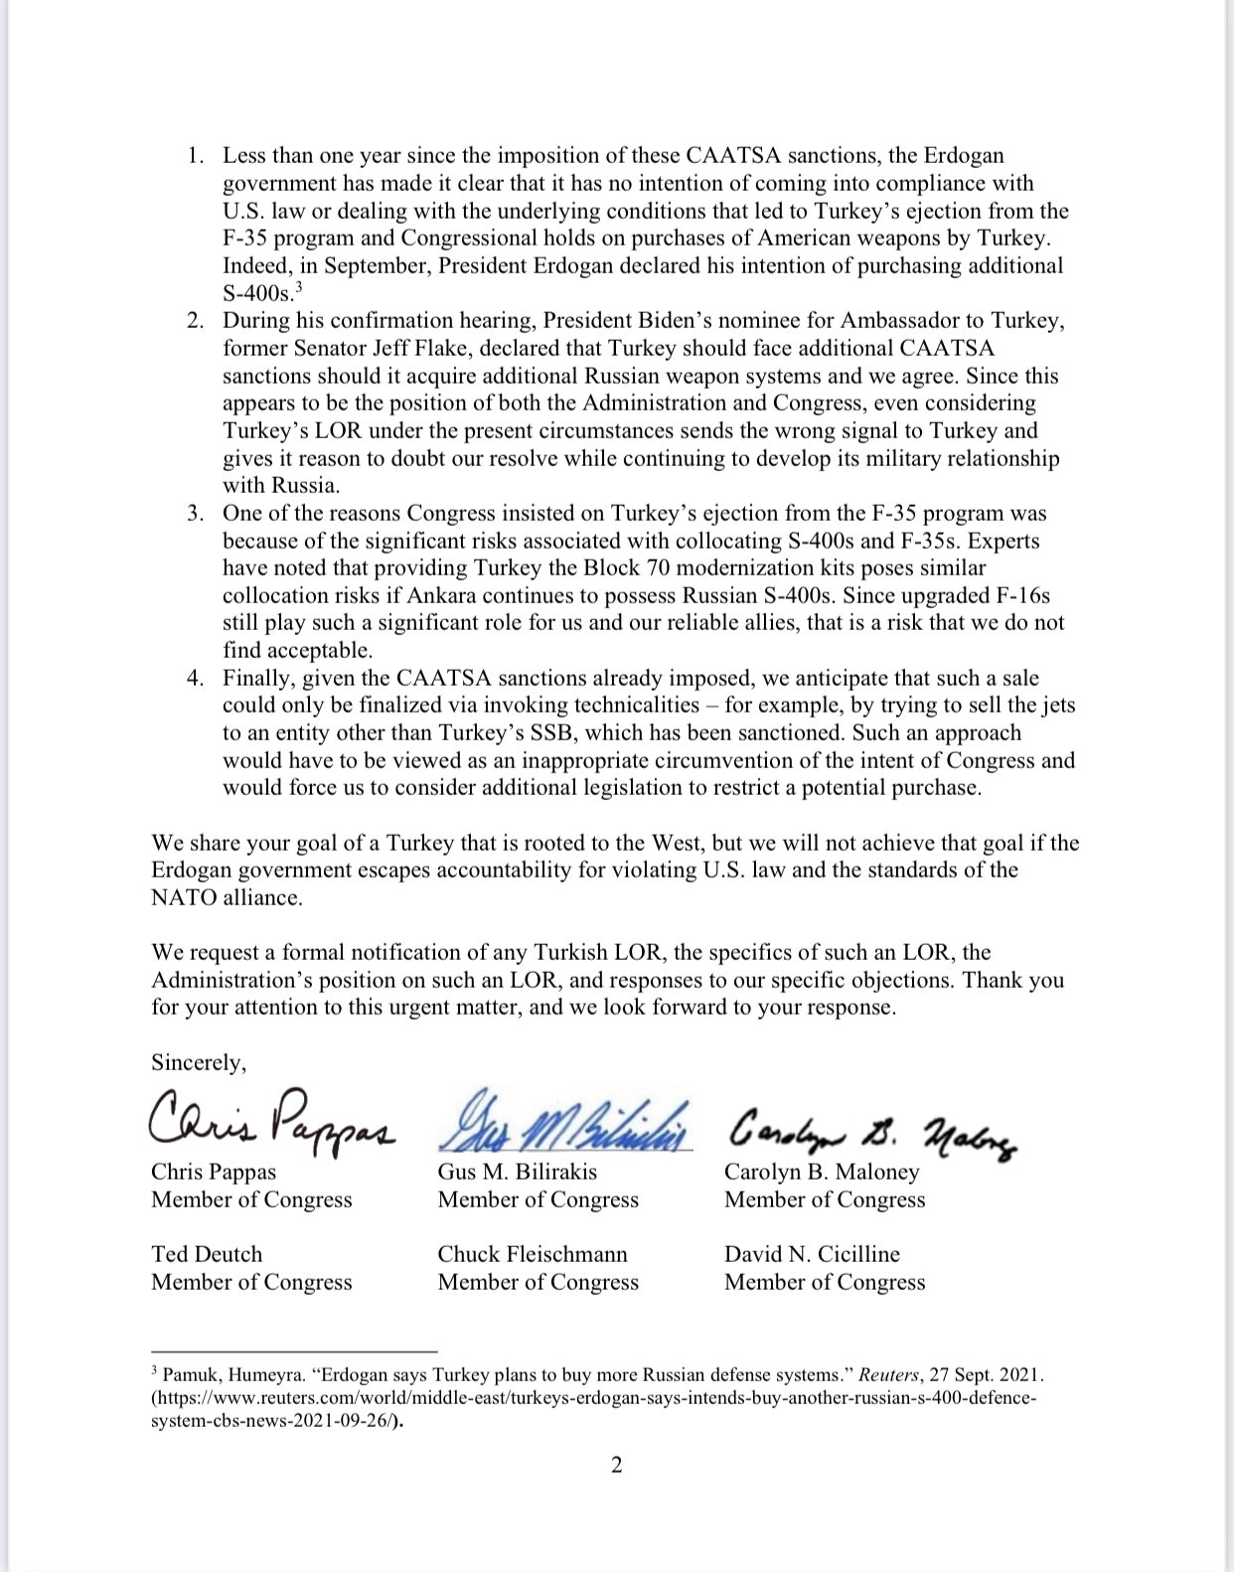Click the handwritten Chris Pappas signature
point(270,1120)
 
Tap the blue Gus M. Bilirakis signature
point(563,1121)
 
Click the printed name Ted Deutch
point(207,1254)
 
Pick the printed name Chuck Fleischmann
point(533,1254)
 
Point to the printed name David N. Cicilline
point(812,1254)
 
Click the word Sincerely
point(198,1063)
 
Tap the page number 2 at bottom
point(616,1465)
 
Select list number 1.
point(195,156)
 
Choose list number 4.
point(195,679)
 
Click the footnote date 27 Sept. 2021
point(983,1375)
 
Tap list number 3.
point(195,514)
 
